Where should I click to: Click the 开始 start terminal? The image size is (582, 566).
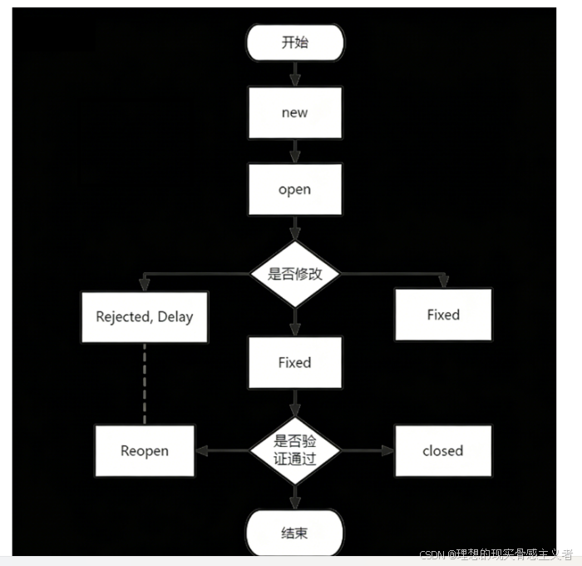(x=294, y=42)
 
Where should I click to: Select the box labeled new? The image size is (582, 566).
(x=294, y=112)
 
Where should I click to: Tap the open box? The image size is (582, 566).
(x=294, y=189)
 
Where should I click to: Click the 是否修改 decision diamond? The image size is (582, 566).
(x=294, y=274)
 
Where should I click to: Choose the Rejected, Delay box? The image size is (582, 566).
(x=144, y=315)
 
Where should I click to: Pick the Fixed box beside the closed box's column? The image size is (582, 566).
(x=442, y=315)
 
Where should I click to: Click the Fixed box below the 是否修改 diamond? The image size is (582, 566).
(x=294, y=362)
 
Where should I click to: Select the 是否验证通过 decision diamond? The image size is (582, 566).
(x=294, y=450)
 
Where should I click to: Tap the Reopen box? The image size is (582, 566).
(x=144, y=451)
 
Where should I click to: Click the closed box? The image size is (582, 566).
(x=442, y=451)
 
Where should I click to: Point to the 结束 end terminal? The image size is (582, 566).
(x=294, y=532)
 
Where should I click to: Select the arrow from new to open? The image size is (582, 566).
(x=294, y=151)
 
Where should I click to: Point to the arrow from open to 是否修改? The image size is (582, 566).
(x=294, y=228)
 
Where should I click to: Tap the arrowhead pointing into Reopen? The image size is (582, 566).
(x=201, y=451)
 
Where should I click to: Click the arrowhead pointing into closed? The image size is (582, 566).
(x=387, y=451)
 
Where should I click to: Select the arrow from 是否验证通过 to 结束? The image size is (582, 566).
(x=294, y=496)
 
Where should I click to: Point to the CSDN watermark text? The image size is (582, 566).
(x=496, y=555)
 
